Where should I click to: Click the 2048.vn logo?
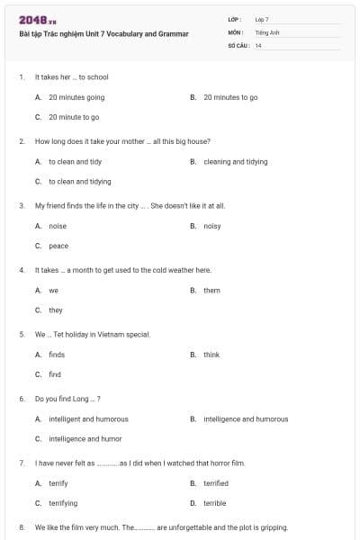click(x=37, y=20)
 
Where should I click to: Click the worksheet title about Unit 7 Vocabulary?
click(x=103, y=34)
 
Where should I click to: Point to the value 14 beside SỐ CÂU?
click(x=258, y=45)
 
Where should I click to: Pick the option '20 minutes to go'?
click(x=230, y=97)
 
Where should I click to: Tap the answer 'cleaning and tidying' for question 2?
click(x=236, y=162)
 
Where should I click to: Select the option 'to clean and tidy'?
click(x=75, y=162)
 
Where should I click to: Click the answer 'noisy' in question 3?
click(x=212, y=226)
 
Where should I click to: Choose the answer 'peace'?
click(x=58, y=246)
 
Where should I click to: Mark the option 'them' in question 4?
click(x=211, y=291)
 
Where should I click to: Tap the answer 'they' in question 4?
click(x=56, y=310)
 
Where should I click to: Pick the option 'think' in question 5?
click(x=211, y=355)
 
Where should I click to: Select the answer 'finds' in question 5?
click(x=57, y=355)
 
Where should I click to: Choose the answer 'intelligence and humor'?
click(x=85, y=439)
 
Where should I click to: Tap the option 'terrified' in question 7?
click(x=216, y=483)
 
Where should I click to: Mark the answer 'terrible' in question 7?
click(x=214, y=503)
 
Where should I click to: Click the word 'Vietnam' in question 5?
click(x=103, y=334)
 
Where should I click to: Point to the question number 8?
click(x=21, y=527)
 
